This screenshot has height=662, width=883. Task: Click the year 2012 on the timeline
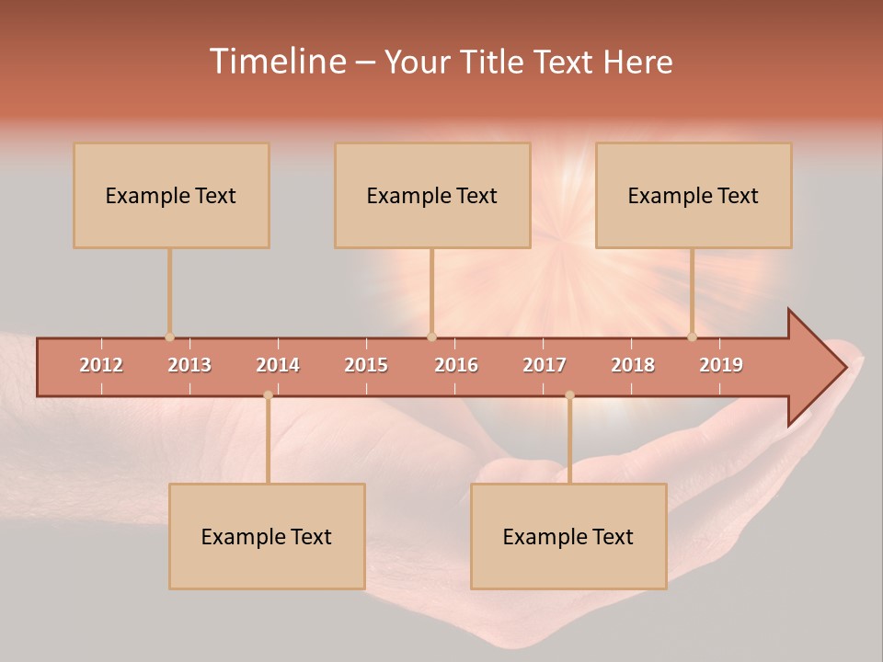point(101,366)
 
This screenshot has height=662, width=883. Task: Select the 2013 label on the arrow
point(189,366)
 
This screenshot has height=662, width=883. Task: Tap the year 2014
point(278,366)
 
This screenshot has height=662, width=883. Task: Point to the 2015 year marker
point(366,366)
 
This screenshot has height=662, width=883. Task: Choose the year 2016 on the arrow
point(456,366)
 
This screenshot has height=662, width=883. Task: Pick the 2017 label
point(545,366)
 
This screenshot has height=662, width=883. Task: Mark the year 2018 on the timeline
point(633,366)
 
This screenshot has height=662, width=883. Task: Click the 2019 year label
point(721,366)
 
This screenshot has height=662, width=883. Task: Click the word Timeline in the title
point(276,62)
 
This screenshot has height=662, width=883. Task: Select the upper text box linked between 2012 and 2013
point(171,196)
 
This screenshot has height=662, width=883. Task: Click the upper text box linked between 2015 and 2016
point(432,196)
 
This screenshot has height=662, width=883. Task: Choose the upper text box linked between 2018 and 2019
point(694,196)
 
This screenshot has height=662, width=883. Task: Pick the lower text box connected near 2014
point(267,536)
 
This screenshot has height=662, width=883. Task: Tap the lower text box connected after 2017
point(568,536)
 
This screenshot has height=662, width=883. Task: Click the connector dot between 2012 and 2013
point(169,337)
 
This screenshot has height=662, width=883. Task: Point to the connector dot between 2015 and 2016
point(431,337)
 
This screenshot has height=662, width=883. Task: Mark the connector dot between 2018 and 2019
point(692,337)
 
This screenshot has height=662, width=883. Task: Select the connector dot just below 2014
point(268,395)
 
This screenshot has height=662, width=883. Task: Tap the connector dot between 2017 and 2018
point(569,395)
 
